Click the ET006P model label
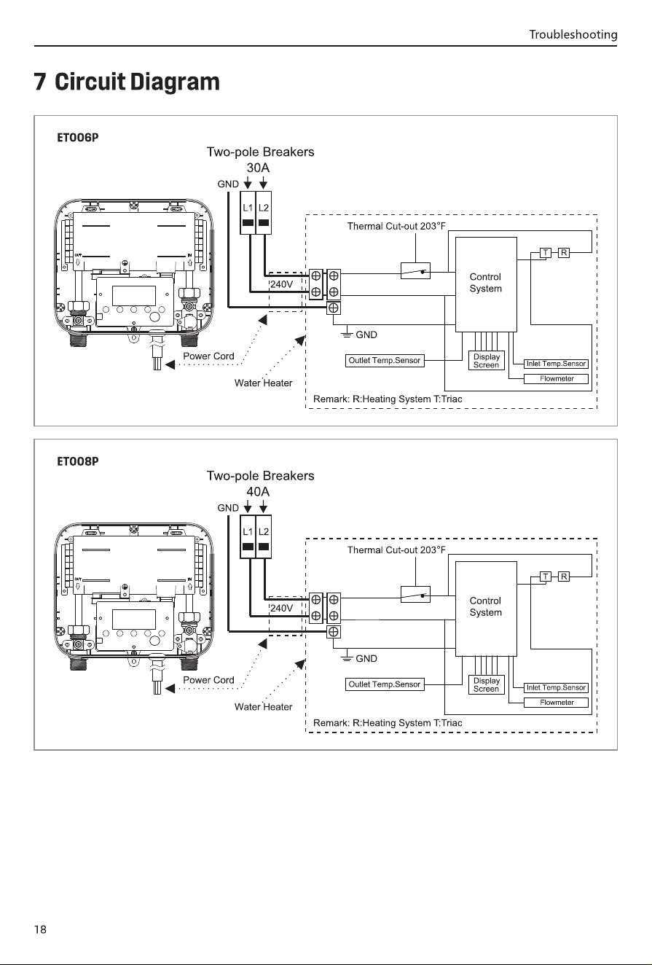[x=77, y=138]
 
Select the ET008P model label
[x=77, y=461]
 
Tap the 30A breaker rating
[x=258, y=168]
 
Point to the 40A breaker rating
[x=258, y=491]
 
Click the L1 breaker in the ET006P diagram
[x=248, y=213]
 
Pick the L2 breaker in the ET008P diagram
[x=264, y=536]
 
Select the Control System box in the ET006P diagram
[x=486, y=284]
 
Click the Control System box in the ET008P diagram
[x=486, y=609]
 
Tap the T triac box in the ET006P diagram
[x=546, y=252]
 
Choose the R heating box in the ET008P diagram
[x=564, y=577]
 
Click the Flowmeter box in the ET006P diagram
[x=557, y=379]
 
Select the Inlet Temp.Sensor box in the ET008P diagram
[x=556, y=687]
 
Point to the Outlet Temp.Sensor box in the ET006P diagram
[x=385, y=361]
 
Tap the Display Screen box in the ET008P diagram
[x=486, y=684]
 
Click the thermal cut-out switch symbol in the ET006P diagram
[x=415, y=271]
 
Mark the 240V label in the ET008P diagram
[x=281, y=608]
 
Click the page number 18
[x=40, y=929]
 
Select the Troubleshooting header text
[x=573, y=34]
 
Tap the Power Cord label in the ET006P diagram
[x=208, y=356]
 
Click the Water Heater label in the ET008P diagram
[x=263, y=707]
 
